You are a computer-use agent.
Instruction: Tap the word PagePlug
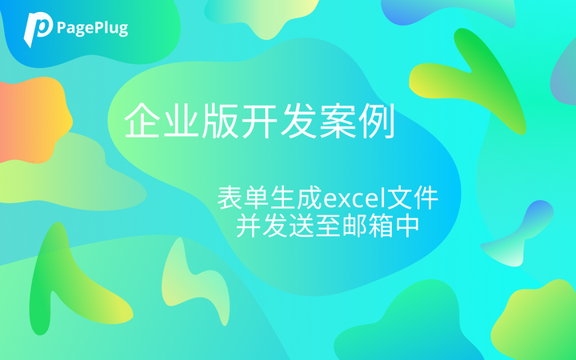92,29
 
